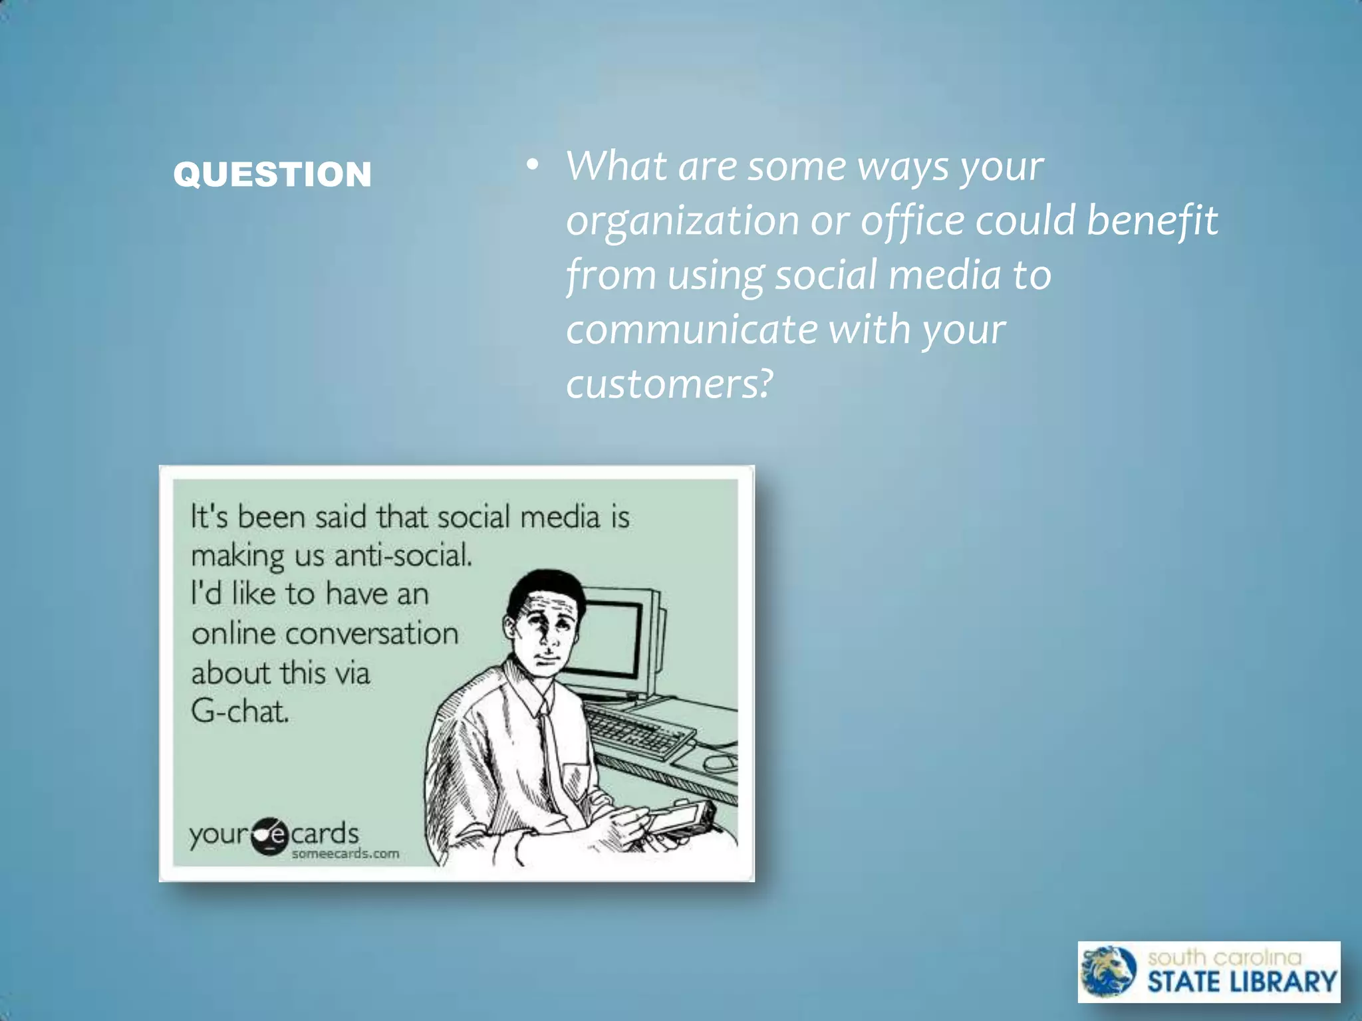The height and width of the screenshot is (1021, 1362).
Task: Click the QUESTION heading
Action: click(272, 174)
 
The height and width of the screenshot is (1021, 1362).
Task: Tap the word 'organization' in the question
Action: click(682, 221)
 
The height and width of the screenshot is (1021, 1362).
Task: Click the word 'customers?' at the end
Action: click(669, 384)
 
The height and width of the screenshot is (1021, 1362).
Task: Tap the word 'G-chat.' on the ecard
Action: click(240, 711)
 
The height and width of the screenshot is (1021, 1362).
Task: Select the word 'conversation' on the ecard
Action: click(372, 633)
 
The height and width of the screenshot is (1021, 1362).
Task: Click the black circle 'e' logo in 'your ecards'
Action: click(271, 836)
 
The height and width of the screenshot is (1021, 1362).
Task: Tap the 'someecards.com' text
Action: click(345, 853)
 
